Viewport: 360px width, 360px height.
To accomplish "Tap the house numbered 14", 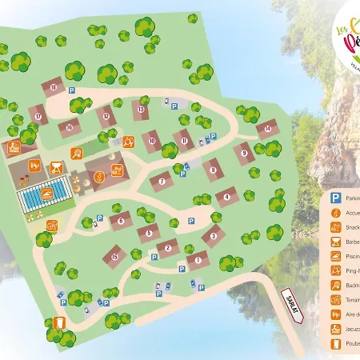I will click(268, 127).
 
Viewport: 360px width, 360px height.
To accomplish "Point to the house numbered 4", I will click(227, 195).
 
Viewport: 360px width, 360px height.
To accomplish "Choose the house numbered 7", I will click(162, 182).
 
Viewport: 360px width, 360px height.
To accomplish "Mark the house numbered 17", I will click(38, 115).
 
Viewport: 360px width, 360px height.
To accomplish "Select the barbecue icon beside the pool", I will click(57, 168).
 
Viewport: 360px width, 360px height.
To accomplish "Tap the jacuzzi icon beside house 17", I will click(14, 147).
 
